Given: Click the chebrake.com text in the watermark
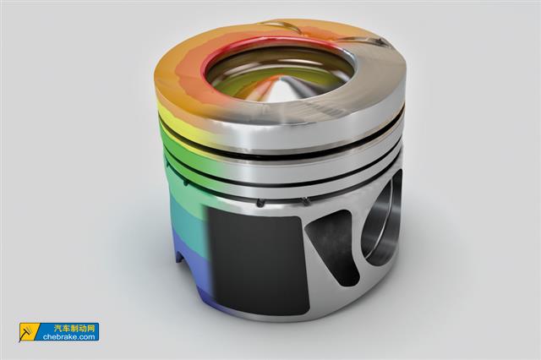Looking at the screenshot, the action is coord(69,336).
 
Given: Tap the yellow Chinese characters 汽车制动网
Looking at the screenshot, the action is coord(74,328).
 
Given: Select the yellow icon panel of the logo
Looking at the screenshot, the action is coord(29,332).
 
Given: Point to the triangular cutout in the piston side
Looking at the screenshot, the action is coord(334,246).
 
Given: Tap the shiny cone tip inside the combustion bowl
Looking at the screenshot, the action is coord(284,90).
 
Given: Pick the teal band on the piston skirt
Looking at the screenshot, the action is coord(187,218).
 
